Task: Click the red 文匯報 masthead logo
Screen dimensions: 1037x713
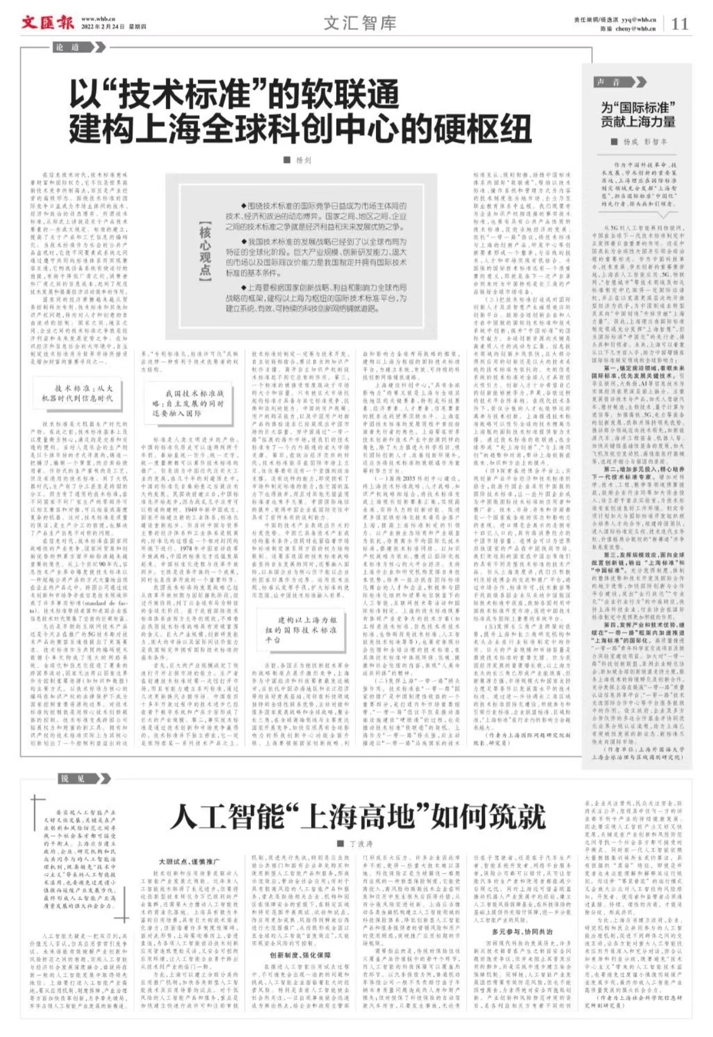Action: (48, 22)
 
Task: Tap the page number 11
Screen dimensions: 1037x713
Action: (680, 24)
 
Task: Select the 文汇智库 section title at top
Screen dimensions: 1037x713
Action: (360, 23)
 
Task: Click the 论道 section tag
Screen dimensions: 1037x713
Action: (68, 47)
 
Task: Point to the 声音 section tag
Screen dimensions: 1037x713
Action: (609, 82)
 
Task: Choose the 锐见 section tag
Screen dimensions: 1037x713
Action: (73, 778)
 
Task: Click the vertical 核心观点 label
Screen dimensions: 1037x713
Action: (205, 252)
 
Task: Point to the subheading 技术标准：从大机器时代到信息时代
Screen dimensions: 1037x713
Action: (77, 393)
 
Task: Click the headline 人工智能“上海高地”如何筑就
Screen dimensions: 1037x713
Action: (357, 816)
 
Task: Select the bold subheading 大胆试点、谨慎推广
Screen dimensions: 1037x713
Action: (189, 861)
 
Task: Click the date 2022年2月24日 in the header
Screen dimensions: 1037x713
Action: (103, 27)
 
